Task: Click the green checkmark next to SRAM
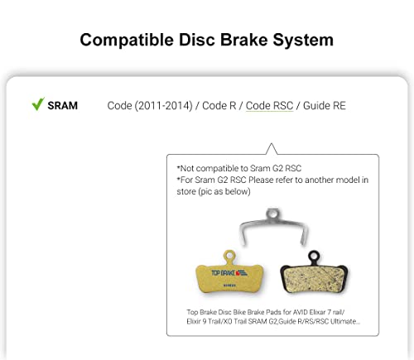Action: click(37, 105)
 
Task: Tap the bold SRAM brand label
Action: click(63, 106)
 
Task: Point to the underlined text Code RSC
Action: click(269, 106)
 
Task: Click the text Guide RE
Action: click(323, 106)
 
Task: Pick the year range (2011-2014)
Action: click(162, 106)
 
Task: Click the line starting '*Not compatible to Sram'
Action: click(227, 168)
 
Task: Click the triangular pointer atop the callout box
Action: click(270, 149)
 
